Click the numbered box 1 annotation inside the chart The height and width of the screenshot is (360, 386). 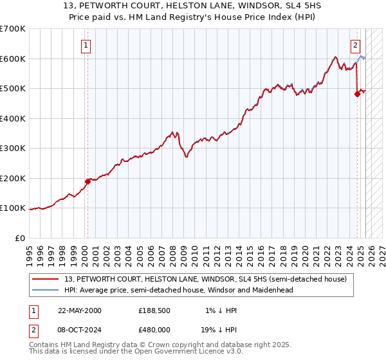coord(86,45)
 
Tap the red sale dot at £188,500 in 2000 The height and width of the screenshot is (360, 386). coord(88,181)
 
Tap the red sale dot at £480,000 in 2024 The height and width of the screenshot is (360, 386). coord(357,94)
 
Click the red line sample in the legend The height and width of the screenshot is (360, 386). coord(46,279)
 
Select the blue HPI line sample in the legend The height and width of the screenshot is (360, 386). coord(46,290)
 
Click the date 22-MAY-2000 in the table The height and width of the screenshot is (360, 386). coord(80,310)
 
